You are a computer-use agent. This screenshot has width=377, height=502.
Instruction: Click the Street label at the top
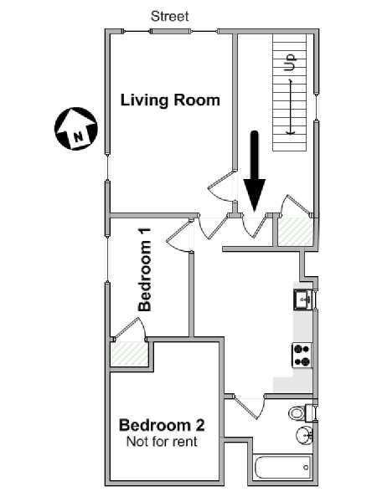pos(169,16)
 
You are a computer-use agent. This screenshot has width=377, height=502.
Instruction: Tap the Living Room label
pos(170,100)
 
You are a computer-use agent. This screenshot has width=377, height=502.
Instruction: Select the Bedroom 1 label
pos(145,269)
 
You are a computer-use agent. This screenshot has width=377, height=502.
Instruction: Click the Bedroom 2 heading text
pos(162,425)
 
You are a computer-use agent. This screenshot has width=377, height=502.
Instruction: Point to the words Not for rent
pos(162,442)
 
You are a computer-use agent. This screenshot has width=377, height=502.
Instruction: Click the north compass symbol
pos(76,128)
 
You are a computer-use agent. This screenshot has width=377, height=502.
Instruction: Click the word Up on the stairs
pos(290,62)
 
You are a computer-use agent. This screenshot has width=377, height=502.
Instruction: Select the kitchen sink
pos(303,300)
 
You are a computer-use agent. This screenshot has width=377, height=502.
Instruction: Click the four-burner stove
pos(302,355)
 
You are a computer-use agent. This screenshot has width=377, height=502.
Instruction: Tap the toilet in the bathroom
pos(301,413)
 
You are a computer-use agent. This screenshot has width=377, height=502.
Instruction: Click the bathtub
pos(282,467)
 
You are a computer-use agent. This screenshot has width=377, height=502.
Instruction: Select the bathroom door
pos(250,407)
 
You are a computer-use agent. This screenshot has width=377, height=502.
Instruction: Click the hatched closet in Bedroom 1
pos(129,353)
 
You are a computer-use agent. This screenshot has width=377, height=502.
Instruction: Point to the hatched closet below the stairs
pos(295,231)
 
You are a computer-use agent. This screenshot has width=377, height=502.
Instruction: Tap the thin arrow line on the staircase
pos(291,107)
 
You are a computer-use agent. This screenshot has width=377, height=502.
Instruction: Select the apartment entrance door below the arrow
pos(255,226)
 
